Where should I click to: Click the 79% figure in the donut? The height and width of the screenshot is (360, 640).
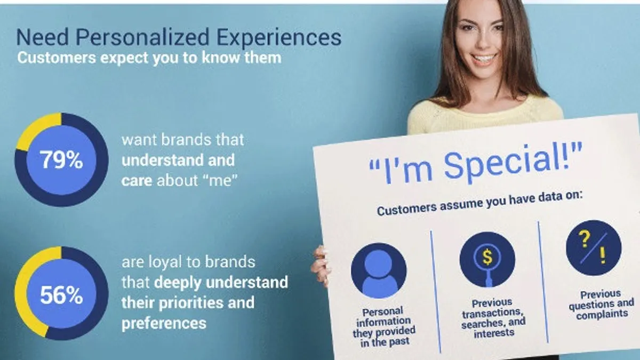[61, 160]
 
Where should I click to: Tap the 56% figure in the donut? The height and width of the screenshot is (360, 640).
[61, 295]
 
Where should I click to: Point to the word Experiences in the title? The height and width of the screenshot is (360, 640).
[279, 37]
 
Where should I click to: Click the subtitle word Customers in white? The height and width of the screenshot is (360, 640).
[57, 58]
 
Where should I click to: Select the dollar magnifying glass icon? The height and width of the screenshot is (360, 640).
[487, 259]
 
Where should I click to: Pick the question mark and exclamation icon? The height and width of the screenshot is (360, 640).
[594, 247]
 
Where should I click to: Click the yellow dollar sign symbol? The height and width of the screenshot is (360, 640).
[487, 257]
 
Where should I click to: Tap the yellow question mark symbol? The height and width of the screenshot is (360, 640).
[585, 239]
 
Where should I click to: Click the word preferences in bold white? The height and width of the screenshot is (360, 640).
[164, 324]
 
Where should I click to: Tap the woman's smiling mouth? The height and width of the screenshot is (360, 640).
[483, 59]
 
